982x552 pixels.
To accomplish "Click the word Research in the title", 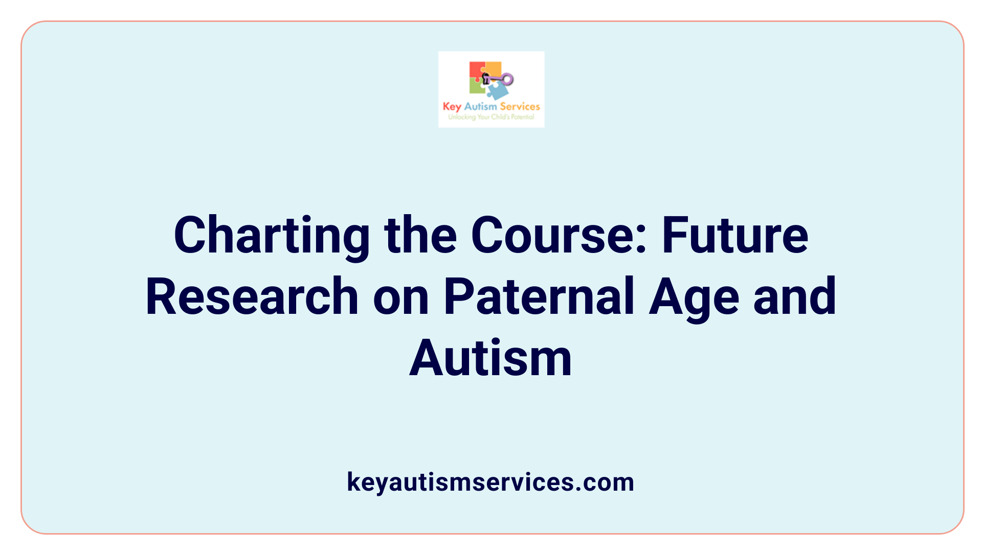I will tap(252, 296).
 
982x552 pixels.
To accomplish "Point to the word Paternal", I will tap(539, 296).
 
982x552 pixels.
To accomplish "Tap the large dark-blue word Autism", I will tap(490, 358).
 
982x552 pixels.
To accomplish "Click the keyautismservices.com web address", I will tap(490, 482).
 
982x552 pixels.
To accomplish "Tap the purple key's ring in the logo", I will tap(507, 79).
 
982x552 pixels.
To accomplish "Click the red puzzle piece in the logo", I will tap(476, 70).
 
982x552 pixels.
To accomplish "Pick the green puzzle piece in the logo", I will tap(477, 87).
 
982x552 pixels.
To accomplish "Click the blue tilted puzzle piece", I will tap(498, 91).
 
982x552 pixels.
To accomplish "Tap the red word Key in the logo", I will tap(452, 107).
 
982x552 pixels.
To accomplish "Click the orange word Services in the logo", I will tap(520, 106).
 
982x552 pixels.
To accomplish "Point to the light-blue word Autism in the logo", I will tap(480, 106).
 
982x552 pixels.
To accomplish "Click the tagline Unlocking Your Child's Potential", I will tap(491, 117).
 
